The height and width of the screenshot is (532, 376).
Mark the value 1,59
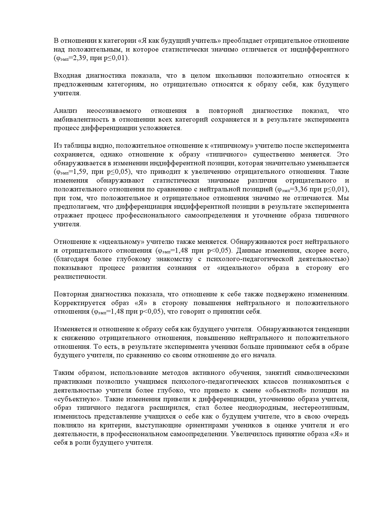coord(80,172)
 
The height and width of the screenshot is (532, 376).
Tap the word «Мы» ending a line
coord(343,198)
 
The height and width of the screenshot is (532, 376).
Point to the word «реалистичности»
coord(80,277)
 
